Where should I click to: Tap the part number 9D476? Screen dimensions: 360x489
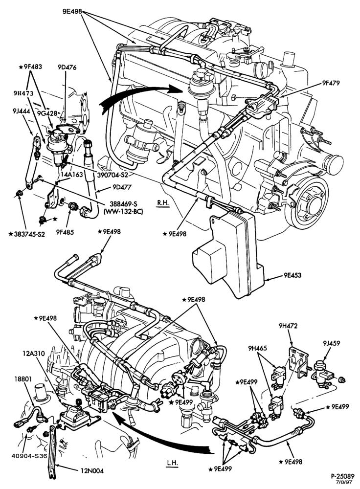pos(67,67)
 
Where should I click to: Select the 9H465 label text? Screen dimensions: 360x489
pos(258,348)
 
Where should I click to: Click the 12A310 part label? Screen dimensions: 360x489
pos(34,354)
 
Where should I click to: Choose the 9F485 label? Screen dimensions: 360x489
pos(65,232)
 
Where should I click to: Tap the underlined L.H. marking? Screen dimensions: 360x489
pos(172,463)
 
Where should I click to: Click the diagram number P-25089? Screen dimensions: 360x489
pos(342,476)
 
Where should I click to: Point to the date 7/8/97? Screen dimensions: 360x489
pos(347,482)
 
